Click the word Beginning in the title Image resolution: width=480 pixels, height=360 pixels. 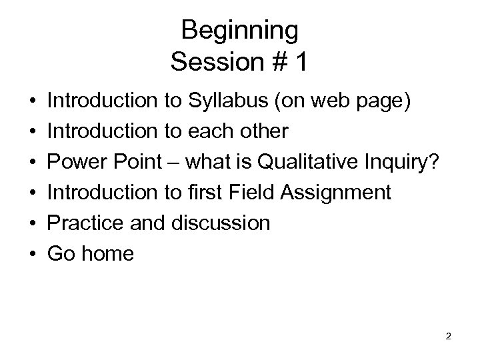click(239, 31)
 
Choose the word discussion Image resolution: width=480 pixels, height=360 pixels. click(222, 223)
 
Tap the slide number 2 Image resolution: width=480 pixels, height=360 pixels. click(448, 336)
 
